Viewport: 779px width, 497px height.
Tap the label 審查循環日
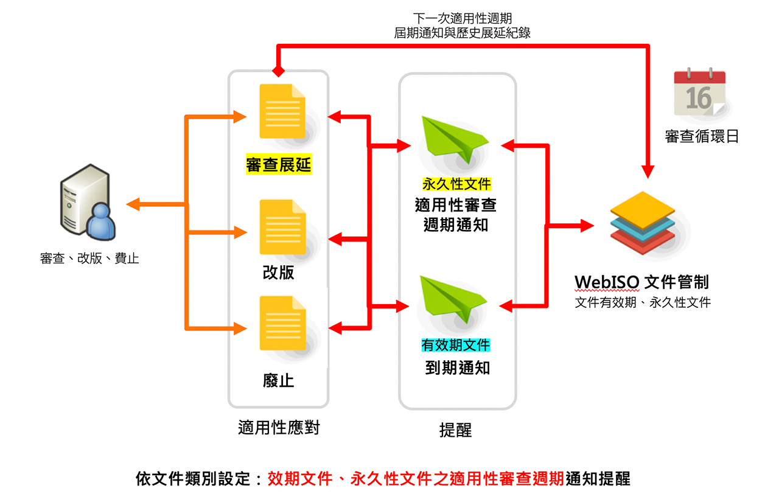(x=702, y=137)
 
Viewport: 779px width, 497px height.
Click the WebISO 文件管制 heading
(x=641, y=282)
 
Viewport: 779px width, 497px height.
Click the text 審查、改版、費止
(x=89, y=259)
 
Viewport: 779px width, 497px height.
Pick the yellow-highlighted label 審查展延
(x=279, y=165)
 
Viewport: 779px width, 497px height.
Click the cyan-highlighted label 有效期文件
(x=456, y=346)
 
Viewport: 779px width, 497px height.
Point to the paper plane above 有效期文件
(x=454, y=297)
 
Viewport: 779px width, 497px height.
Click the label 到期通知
(x=457, y=368)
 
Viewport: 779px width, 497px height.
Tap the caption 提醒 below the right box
(x=455, y=430)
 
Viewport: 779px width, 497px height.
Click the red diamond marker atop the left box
(x=278, y=71)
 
